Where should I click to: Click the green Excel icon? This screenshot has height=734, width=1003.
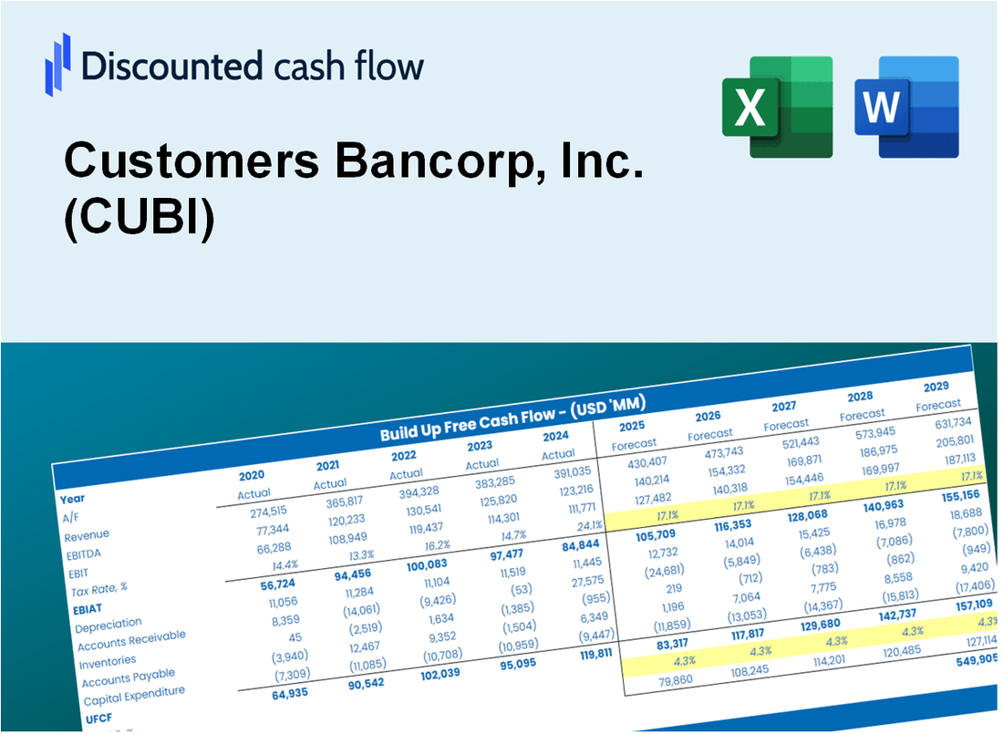777,107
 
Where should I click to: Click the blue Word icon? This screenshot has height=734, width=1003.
906,107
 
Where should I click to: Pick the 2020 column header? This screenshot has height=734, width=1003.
252,475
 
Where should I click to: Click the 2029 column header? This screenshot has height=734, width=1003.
936,387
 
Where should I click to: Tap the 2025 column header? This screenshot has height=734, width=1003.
632,426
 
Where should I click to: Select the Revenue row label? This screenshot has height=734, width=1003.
87,534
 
